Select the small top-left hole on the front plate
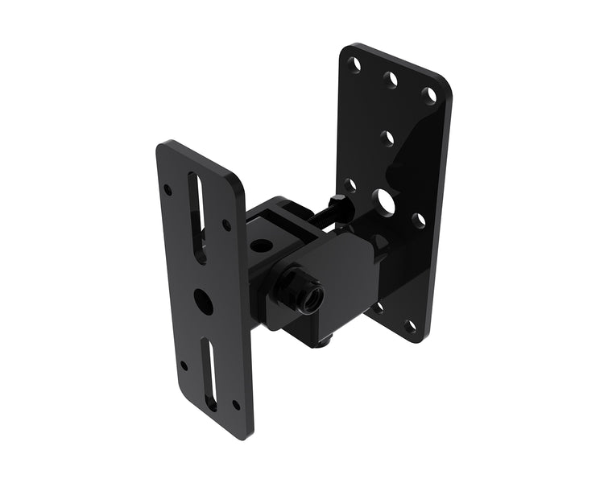(168, 190)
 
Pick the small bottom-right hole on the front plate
(235, 405)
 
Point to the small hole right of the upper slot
(226, 226)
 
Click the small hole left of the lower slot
(184, 365)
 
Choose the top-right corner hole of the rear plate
(431, 96)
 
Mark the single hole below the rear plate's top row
(387, 138)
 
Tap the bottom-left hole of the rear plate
(378, 307)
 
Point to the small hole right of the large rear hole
(418, 219)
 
